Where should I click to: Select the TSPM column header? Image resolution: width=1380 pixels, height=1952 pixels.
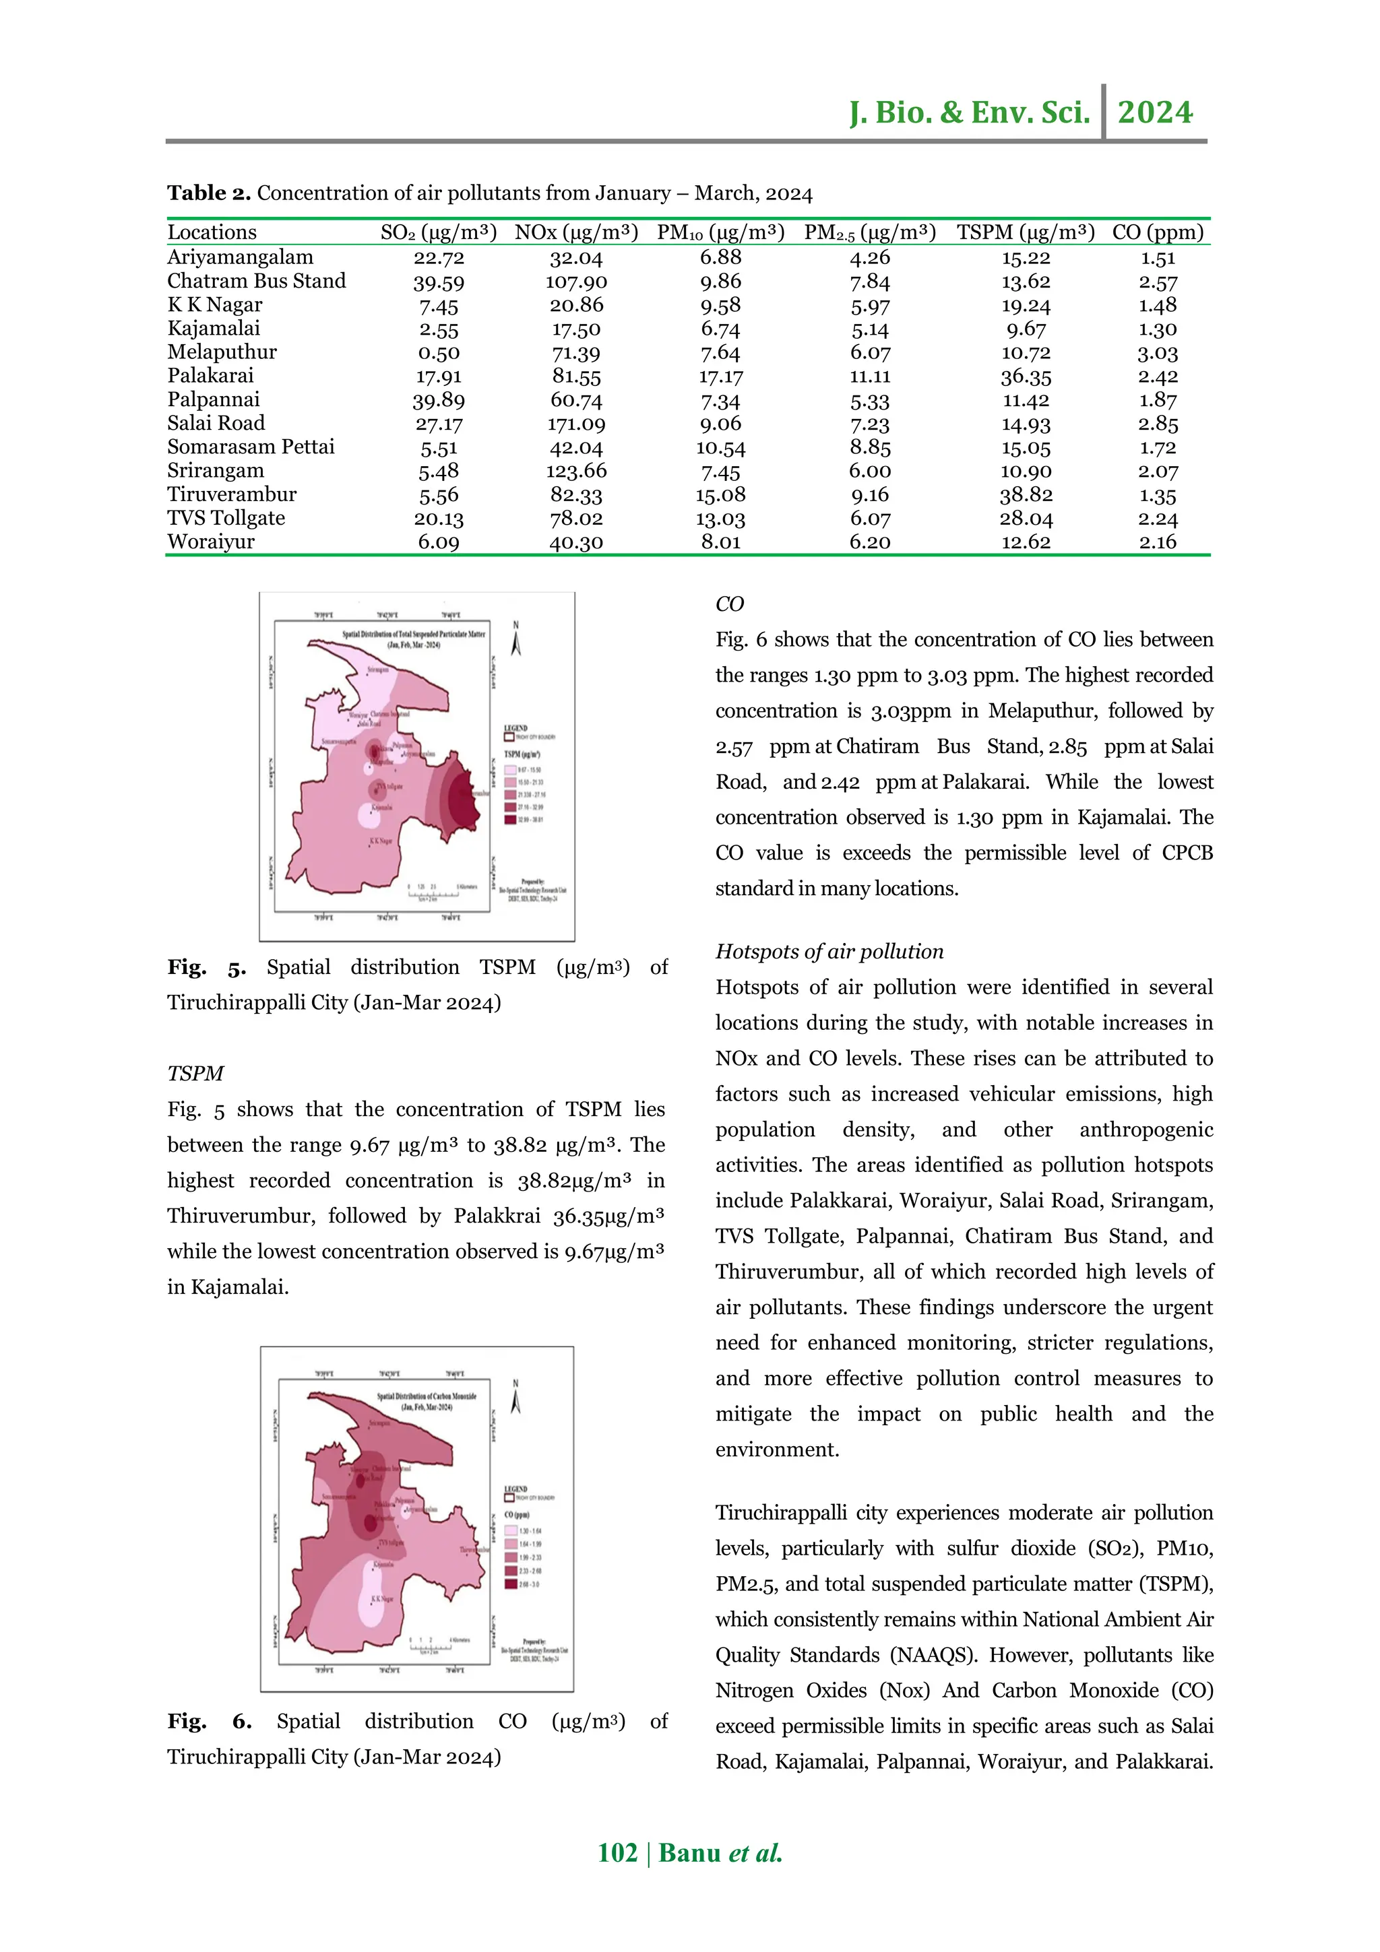[x=1025, y=232]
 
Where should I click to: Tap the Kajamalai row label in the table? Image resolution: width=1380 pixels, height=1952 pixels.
[x=214, y=328]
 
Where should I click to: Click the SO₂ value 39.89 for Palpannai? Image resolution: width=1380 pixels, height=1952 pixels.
[x=438, y=400]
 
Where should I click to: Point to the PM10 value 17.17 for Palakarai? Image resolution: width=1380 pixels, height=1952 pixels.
[x=720, y=376]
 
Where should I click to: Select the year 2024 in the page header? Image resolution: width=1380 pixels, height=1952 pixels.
[x=1155, y=112]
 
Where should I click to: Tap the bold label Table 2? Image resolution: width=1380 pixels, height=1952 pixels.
[x=208, y=193]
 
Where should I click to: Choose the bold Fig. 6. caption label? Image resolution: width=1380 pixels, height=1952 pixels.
[x=209, y=1721]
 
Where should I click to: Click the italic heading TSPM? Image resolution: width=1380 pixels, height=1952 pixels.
[x=195, y=1073]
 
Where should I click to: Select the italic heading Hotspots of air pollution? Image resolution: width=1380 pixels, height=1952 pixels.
[x=829, y=951]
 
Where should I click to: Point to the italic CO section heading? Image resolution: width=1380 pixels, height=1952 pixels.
[x=730, y=604]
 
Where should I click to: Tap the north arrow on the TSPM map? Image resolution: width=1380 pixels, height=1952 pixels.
[x=515, y=639]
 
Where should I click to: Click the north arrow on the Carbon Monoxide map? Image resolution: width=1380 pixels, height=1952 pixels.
[x=515, y=1396]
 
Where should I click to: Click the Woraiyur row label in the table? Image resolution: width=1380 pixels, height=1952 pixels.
[x=211, y=542]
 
